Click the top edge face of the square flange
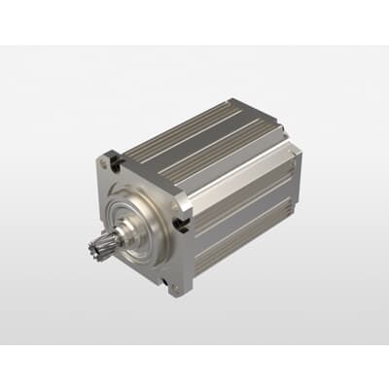point(146,169)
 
